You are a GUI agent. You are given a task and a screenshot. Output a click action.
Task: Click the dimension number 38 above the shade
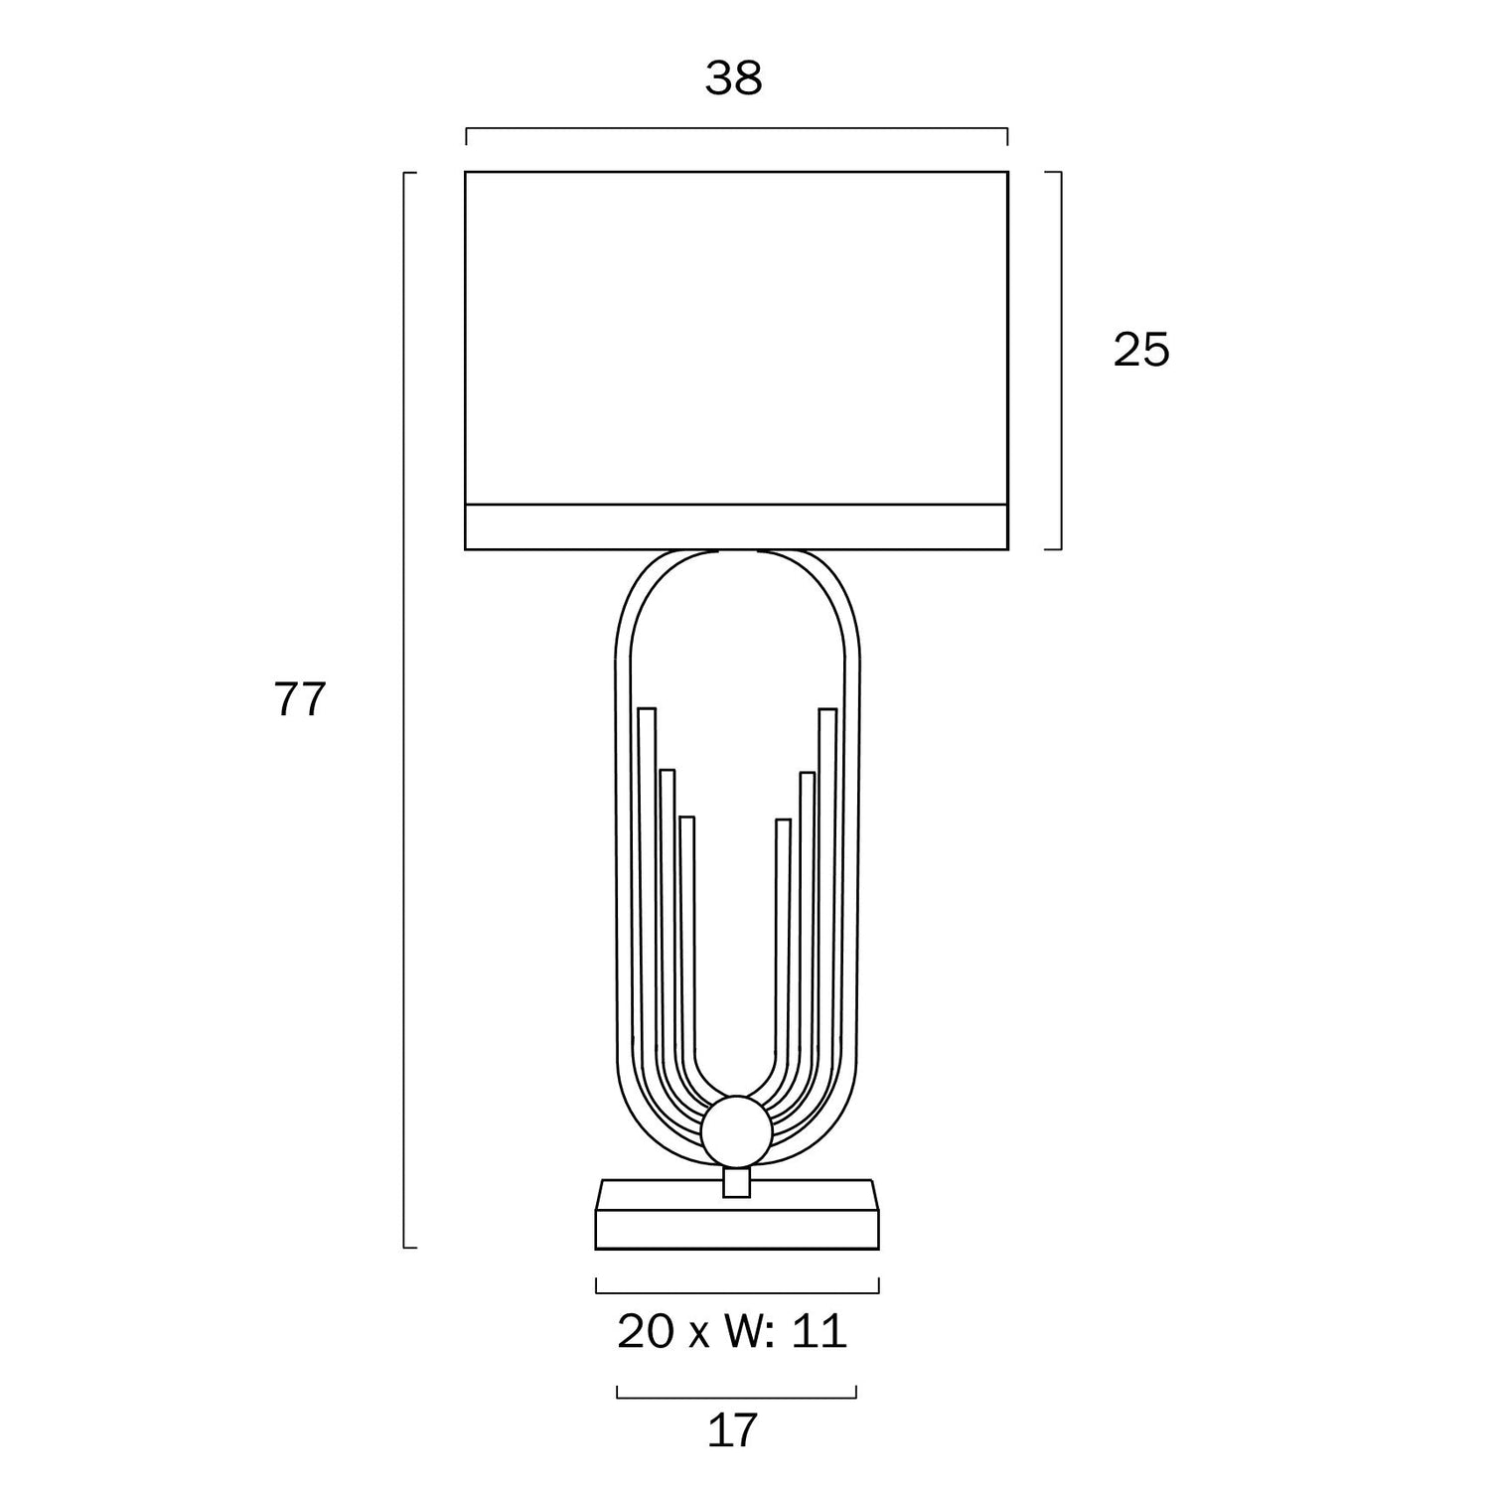pos(734,78)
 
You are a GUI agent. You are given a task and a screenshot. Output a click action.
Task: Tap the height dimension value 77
pos(300,700)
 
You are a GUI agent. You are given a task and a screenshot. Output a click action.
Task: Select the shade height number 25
pos(1141,350)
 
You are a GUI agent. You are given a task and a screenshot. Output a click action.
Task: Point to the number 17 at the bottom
pos(733,1431)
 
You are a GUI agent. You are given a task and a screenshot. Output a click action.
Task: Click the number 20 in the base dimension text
pos(646,1332)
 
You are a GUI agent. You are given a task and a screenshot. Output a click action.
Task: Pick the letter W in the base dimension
pos(740,1332)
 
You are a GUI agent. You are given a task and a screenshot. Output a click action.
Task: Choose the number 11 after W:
pos(819,1332)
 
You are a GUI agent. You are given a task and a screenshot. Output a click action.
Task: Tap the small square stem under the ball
pos(736,1182)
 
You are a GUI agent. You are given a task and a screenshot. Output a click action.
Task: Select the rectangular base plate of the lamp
pos(737,1213)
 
